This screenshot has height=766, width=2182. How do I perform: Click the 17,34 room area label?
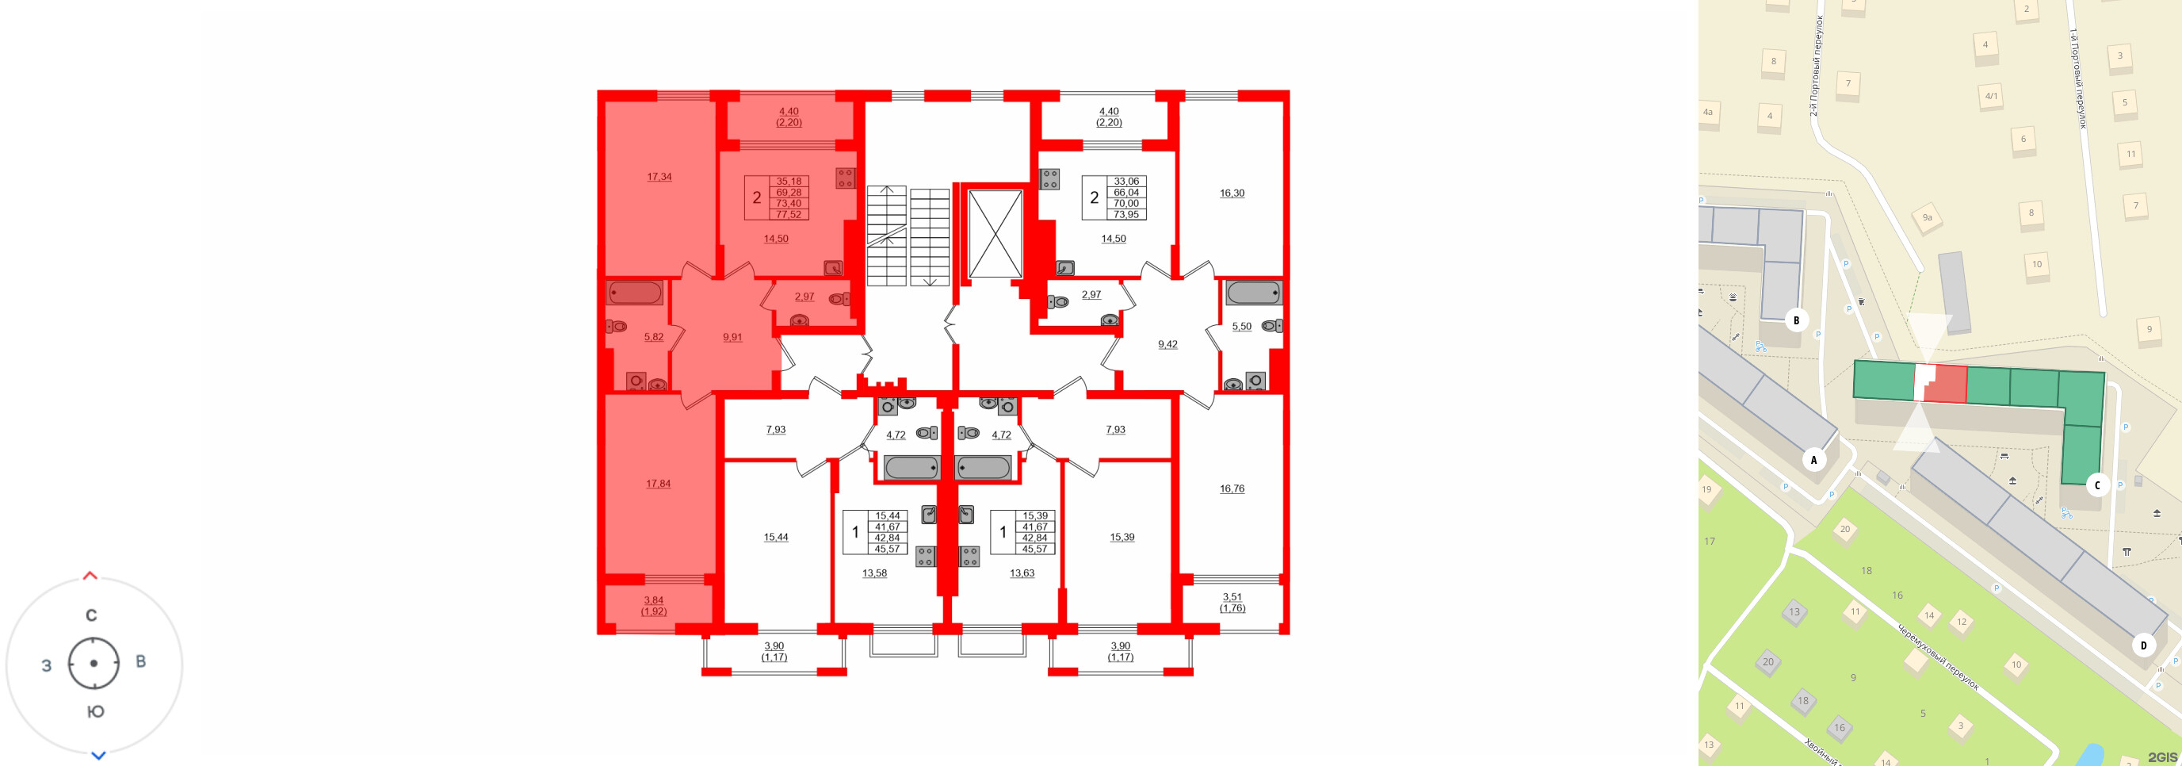click(x=659, y=177)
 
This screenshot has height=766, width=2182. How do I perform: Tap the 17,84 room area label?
click(x=658, y=484)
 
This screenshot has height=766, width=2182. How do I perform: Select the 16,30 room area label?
click(x=1232, y=193)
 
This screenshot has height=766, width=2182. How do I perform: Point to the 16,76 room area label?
click(x=1232, y=489)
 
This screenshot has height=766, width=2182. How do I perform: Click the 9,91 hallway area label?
click(x=732, y=337)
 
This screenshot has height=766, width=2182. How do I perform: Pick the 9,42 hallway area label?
click(x=1167, y=345)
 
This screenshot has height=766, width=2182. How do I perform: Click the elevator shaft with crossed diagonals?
click(x=995, y=234)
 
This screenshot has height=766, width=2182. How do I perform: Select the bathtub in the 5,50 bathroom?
click(x=1254, y=293)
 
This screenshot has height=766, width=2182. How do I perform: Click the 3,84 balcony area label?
click(x=653, y=601)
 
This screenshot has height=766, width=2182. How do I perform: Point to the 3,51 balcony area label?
click(x=1232, y=597)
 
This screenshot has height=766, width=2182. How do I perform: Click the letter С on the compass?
click(x=91, y=615)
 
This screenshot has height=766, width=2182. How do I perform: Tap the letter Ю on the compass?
click(x=96, y=712)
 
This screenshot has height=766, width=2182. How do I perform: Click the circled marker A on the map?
click(x=1813, y=460)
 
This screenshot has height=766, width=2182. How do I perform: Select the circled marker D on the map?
click(x=2143, y=645)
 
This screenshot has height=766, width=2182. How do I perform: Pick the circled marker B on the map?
click(x=1796, y=320)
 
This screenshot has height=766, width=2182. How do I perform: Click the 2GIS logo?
click(x=2161, y=756)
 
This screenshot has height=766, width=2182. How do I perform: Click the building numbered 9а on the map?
click(x=1927, y=218)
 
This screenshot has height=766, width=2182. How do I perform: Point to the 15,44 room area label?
click(x=775, y=537)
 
